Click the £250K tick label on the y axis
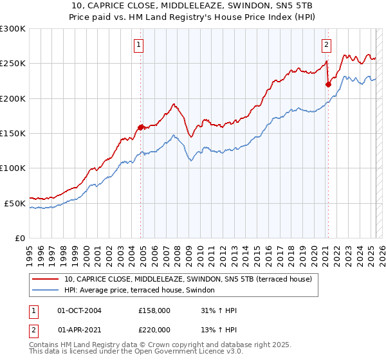(x=13, y=64)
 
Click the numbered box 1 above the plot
(x=139, y=44)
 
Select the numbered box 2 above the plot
(x=326, y=44)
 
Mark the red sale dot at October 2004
(x=141, y=127)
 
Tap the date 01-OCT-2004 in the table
(x=79, y=310)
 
